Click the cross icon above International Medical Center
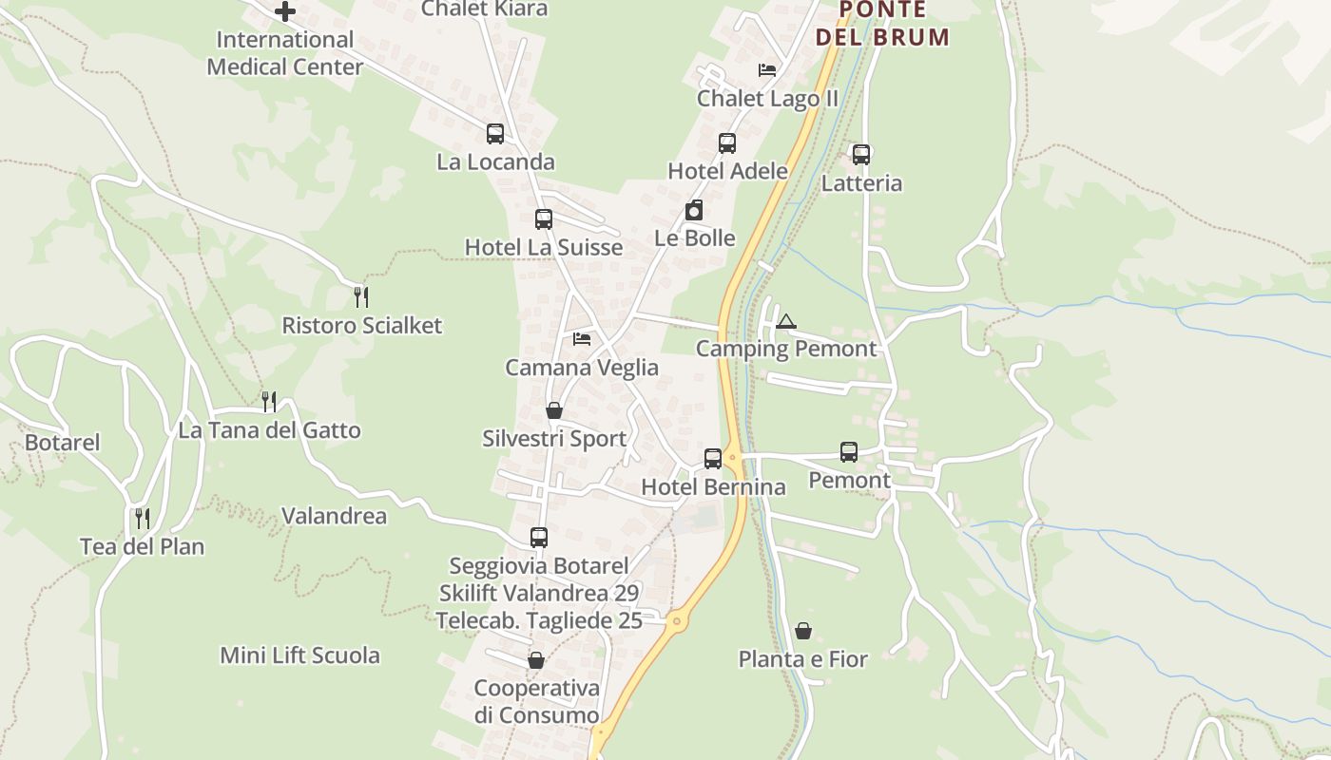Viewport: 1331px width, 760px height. point(284,11)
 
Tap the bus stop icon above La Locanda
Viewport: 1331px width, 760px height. point(494,134)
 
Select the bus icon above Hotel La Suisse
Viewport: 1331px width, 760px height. point(543,219)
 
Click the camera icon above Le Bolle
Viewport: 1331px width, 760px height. point(694,210)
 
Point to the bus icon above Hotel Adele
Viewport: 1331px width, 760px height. point(727,143)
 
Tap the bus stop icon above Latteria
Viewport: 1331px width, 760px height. point(861,155)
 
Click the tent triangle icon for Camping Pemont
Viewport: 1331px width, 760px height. point(784,321)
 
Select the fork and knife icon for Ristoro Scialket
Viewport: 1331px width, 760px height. point(361,297)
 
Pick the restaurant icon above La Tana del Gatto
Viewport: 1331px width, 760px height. point(269,402)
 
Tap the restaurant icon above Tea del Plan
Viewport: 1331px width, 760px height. point(143,518)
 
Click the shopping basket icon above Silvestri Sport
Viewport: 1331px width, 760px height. point(554,410)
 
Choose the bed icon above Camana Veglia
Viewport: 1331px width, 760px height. point(582,339)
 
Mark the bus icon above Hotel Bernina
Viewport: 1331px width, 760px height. point(713,459)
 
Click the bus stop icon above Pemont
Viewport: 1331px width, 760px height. point(849,452)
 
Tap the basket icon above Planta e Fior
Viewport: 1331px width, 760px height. point(803,631)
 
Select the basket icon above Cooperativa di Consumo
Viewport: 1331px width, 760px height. point(536,660)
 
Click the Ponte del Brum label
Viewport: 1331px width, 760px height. point(881,24)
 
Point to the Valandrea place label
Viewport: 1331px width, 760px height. point(335,516)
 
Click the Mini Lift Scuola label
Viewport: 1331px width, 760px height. point(300,655)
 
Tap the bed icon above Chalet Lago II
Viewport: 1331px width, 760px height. point(767,70)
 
